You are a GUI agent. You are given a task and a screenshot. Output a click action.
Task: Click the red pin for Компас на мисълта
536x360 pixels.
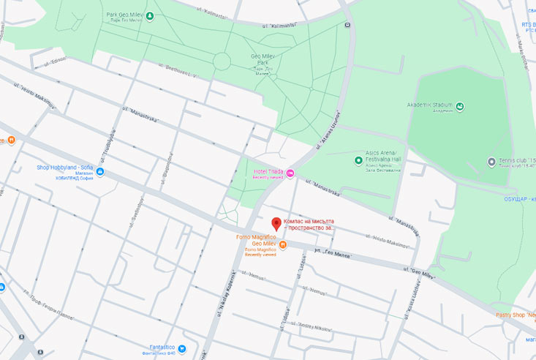pos(276,224)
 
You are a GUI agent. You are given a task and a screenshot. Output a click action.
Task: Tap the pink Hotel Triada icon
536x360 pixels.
pos(290,173)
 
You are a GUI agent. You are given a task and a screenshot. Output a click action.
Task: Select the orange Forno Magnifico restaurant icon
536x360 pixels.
pos(283,244)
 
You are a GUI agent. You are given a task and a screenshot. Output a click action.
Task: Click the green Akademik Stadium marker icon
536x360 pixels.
pos(459,107)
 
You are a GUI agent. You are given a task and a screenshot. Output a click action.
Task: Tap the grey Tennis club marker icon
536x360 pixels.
pos(491,161)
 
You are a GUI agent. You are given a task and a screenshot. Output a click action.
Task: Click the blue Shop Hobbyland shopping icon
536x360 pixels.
pos(100,172)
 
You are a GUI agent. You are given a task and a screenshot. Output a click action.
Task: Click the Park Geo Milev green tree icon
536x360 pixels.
pos(150,15)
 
